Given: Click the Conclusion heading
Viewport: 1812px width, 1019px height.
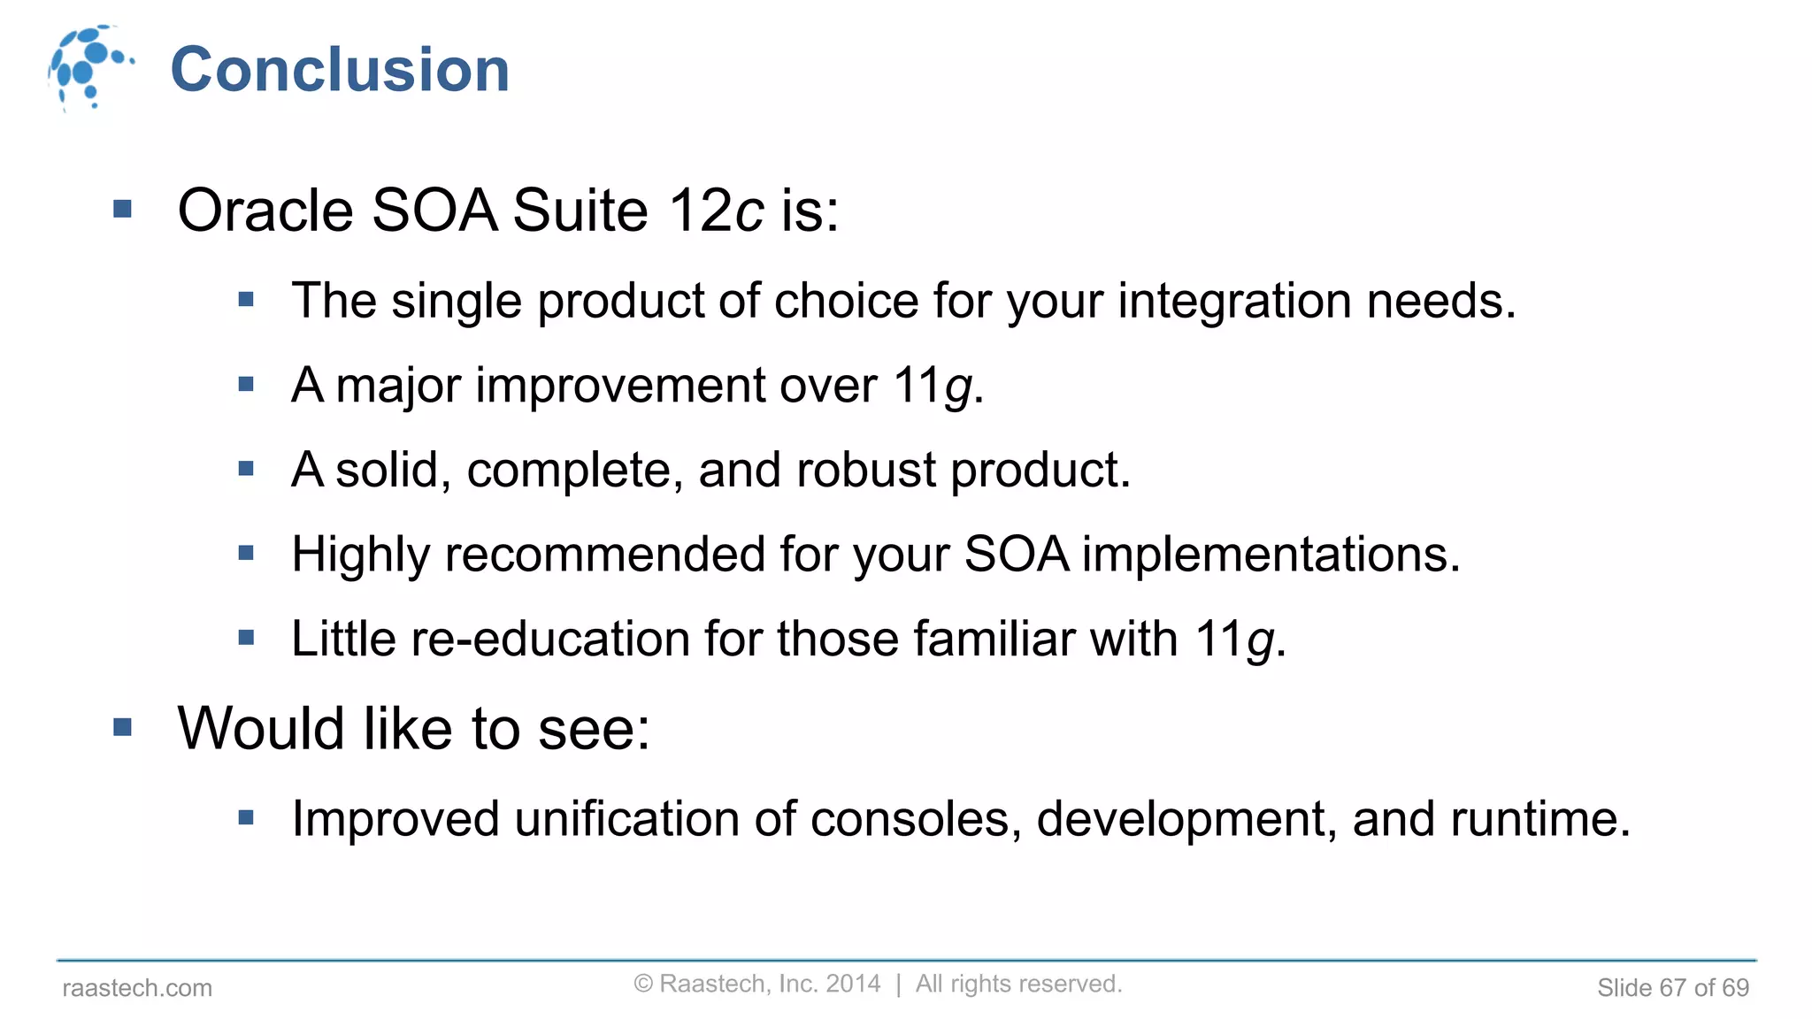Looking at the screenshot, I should click(340, 70).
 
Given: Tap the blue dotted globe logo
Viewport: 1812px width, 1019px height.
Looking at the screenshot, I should click(88, 67).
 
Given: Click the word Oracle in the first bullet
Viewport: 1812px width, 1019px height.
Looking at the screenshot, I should click(265, 211).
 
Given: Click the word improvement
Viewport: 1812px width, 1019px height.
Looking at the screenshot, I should click(620, 387).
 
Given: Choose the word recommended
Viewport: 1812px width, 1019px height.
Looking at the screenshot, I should click(605, 555).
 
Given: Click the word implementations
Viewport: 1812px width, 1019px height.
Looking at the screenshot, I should click(1270, 555).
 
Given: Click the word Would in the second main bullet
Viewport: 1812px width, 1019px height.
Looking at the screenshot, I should click(261, 729).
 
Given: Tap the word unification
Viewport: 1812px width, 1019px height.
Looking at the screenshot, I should click(626, 819).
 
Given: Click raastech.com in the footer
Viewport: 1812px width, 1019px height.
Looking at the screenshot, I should click(137, 988).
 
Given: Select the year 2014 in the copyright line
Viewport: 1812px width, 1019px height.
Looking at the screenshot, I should click(853, 984).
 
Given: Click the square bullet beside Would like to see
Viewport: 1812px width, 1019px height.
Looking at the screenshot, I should click(123, 728).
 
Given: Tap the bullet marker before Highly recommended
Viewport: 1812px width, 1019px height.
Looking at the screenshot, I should click(246, 554).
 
